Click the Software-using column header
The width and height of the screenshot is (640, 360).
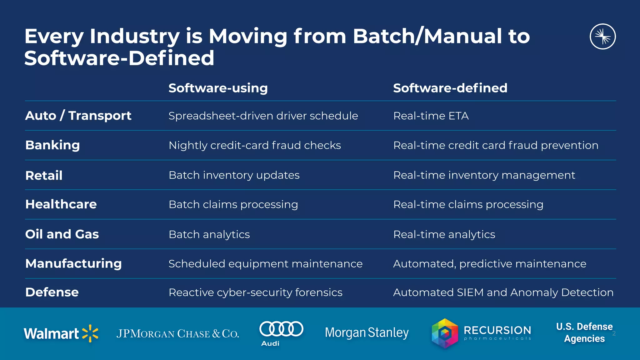pos(218,88)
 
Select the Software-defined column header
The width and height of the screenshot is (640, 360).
pos(450,88)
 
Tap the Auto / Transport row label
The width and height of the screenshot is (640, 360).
pos(78,116)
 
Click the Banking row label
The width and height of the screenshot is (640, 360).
pos(52,145)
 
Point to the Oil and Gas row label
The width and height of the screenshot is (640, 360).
pos(62,234)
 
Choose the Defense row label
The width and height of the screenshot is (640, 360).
pos(52,292)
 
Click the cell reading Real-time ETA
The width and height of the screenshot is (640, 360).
pos(431,116)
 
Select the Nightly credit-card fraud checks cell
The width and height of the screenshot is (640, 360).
pos(254,145)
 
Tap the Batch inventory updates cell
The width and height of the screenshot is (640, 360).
pos(234,175)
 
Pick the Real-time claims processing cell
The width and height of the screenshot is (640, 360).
pos(468,204)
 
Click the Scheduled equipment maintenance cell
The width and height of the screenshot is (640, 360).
pos(265,264)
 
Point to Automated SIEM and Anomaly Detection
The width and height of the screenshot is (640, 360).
pos(503,292)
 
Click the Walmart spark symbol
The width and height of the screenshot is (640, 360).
pos(90,333)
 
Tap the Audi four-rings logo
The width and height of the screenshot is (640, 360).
pos(281,329)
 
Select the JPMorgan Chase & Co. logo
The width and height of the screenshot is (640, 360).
pos(177,334)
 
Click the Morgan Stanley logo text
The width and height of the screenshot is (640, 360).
pos(367,333)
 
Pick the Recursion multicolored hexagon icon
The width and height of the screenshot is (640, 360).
pos(445,333)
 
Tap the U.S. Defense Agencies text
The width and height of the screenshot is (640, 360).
pos(584,332)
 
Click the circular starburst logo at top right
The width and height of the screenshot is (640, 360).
pos(602,37)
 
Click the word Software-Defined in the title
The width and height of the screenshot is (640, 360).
pos(119,58)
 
